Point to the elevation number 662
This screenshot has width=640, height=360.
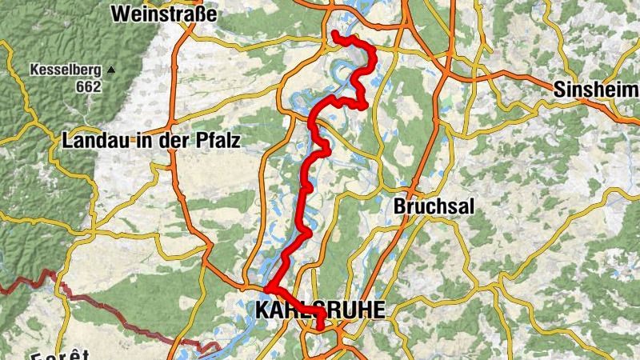[90, 86]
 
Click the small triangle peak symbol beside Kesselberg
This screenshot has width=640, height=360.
[111, 70]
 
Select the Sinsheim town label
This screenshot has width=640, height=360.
[595, 90]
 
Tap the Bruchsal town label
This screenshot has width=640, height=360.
[434, 206]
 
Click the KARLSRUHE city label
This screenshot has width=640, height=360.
[319, 310]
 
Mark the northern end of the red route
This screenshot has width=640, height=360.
[334, 34]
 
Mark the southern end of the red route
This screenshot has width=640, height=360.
[320, 327]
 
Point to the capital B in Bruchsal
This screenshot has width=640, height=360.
[399, 206]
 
